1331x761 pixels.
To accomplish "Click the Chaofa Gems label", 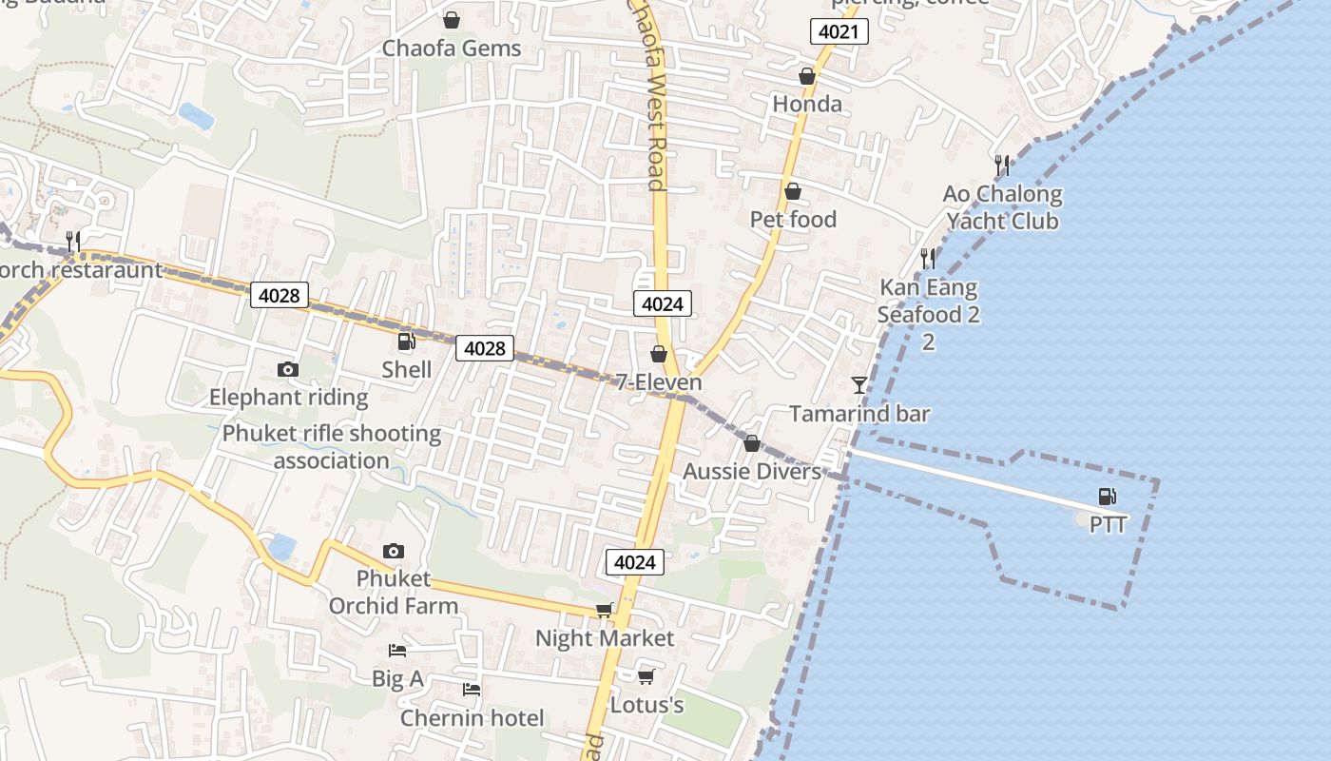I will point(452,48).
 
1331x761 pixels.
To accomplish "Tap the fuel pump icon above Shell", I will point(406,341).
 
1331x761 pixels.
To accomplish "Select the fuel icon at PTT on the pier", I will point(1107,496).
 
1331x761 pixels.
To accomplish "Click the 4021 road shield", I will point(839,32).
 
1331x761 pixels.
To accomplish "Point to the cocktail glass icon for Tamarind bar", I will point(859,384).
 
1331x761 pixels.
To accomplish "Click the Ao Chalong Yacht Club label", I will point(1002,207).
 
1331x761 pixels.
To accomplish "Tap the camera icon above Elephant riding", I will point(287,369).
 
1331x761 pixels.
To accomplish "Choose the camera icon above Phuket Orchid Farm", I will point(393,551).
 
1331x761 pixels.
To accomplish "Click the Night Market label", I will point(605,637).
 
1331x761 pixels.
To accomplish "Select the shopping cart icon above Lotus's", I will point(646,676).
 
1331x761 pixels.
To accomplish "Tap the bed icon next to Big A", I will point(397,651).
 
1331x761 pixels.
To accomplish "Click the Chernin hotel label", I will point(472,717).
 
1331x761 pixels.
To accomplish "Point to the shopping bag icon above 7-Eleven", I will point(658,355).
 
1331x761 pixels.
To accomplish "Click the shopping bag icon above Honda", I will point(806,76).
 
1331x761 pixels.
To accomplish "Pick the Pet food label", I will point(793,220).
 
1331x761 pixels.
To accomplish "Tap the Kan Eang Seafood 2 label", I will point(928,301).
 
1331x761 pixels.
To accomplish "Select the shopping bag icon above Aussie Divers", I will point(751,443).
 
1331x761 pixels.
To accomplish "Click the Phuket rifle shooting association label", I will point(331,447).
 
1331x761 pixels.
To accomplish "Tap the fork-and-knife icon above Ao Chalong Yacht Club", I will point(1001,166).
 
